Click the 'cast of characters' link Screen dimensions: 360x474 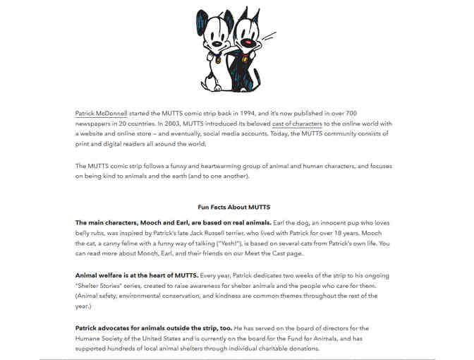[x=297, y=123]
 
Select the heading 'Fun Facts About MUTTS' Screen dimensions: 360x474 [x=236, y=208]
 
